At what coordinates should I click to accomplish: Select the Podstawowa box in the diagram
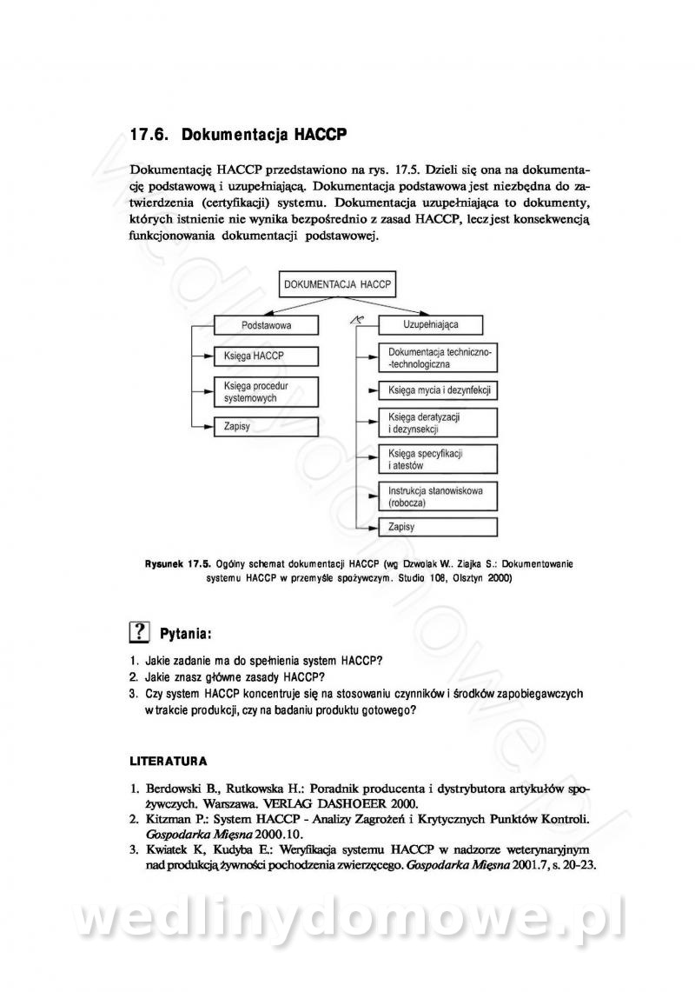[266, 325]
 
